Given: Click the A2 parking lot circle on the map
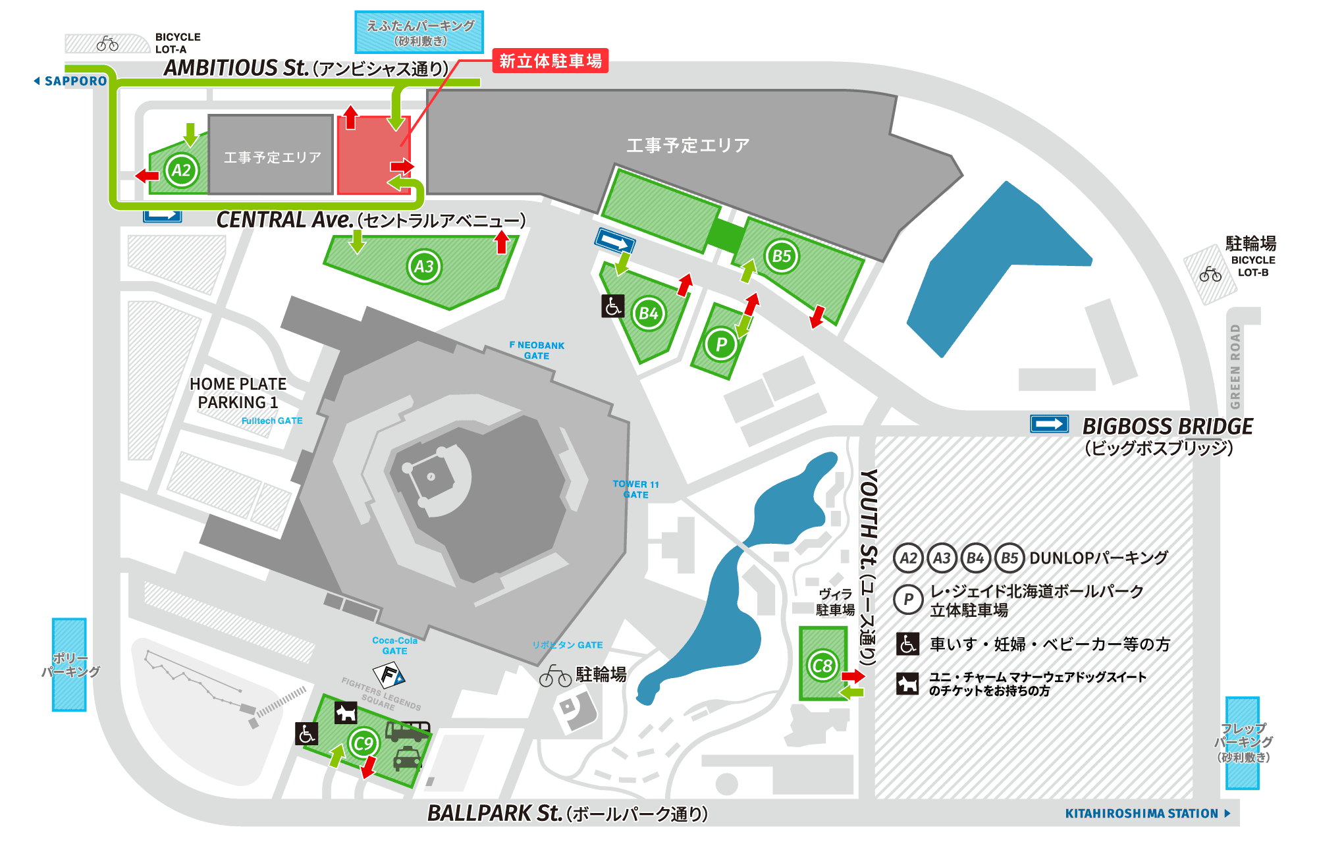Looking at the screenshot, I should pos(181,171).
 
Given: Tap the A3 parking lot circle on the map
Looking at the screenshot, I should pos(424,267).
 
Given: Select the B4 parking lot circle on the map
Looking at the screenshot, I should pos(649,313).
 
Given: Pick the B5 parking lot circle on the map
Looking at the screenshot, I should pos(782,256).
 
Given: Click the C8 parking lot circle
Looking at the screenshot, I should pos(822,666).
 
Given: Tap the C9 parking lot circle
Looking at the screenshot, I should pos(363,744).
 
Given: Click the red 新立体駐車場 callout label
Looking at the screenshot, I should pos(551,61).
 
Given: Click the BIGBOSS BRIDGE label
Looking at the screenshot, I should pos(1168,427).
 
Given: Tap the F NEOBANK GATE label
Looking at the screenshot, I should pos(537,350).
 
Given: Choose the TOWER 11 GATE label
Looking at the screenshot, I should pos(635,489).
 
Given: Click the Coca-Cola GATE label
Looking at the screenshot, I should pos(394,645).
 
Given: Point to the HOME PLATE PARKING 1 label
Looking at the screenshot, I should pos(238,393).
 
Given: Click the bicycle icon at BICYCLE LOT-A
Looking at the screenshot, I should pos(107,44).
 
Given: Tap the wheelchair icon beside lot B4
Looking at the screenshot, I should pos(613,306).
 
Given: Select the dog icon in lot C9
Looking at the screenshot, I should pos(346,712).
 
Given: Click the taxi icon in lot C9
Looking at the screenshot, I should pos(407,759).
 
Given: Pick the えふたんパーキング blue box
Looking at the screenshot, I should pos(419,32).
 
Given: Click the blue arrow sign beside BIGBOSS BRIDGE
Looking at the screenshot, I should pos(1049,424).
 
